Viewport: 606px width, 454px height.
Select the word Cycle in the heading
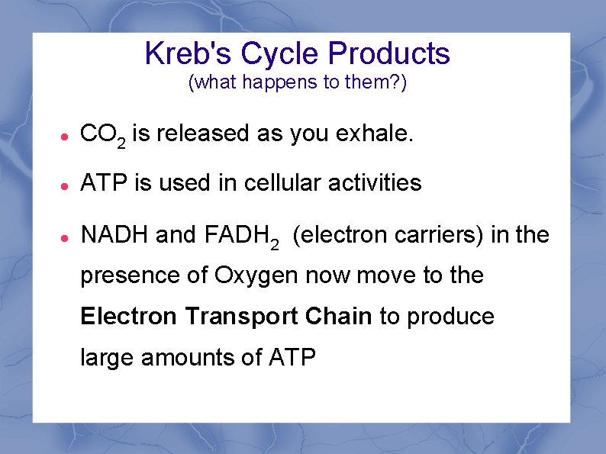[280, 53]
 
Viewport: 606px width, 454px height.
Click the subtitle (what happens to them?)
[298, 82]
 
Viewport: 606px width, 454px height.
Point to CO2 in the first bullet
[102, 135]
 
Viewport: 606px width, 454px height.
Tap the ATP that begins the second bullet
[103, 182]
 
